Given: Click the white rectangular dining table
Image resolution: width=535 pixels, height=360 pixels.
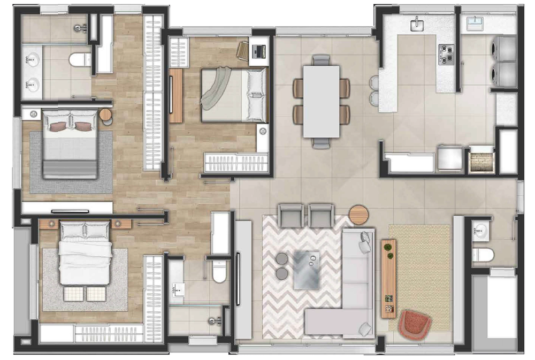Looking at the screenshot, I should click(x=321, y=101).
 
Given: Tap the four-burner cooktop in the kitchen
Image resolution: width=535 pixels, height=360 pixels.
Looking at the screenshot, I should click(x=446, y=53).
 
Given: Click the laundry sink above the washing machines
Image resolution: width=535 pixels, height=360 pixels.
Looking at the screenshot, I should click(x=475, y=24).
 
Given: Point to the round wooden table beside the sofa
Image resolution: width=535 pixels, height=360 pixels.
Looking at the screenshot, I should click(x=358, y=215).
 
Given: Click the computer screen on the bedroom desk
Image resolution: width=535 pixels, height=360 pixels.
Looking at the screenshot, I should click(x=260, y=51).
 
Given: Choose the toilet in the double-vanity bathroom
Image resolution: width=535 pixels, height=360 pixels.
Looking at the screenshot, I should click(x=80, y=59).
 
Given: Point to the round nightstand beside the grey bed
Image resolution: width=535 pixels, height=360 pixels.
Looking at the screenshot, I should click(x=105, y=115).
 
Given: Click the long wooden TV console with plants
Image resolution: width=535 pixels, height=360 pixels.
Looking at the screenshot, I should click(x=389, y=277).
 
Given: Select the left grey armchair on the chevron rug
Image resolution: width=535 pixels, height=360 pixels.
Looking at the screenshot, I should click(x=292, y=216).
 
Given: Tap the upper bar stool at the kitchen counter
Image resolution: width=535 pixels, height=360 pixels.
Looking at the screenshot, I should click(x=373, y=82).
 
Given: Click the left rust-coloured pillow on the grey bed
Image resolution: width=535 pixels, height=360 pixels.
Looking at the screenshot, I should click(x=58, y=126).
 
